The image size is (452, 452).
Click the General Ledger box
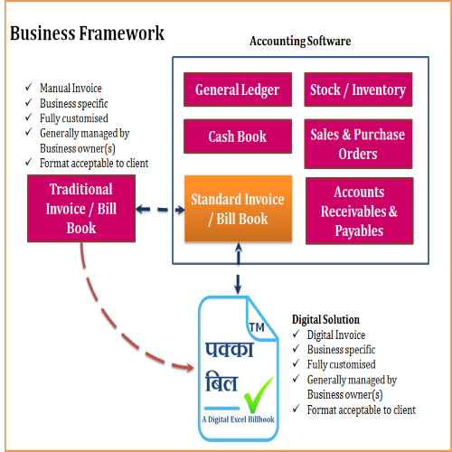pyautogui.click(x=238, y=89)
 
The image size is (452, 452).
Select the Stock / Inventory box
pyautogui.click(x=358, y=89)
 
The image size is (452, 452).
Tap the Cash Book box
pyautogui.click(x=238, y=137)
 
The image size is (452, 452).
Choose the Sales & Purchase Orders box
pyautogui.click(x=358, y=144)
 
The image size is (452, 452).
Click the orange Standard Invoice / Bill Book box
pyautogui.click(x=238, y=209)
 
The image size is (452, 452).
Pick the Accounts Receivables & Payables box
pyautogui.click(x=360, y=211)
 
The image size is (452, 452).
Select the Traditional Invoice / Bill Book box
pyautogui.click(x=81, y=209)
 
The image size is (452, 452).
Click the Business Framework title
pyautogui.click(x=87, y=33)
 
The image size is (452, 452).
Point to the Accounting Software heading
pyautogui.click(x=300, y=41)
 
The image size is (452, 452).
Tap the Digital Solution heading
pyautogui.click(x=325, y=319)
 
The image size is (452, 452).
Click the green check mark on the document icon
pyautogui.click(x=259, y=395)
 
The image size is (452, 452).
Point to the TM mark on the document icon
pyautogui.click(x=257, y=327)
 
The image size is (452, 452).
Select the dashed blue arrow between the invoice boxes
pyautogui.click(x=160, y=210)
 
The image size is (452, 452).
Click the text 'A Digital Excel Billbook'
pyautogui.click(x=238, y=419)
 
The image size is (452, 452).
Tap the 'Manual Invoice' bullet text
pyautogui.click(x=71, y=89)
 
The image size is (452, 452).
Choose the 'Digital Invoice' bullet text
pyautogui.click(x=336, y=334)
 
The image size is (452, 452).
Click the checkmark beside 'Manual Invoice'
pyautogui.click(x=29, y=88)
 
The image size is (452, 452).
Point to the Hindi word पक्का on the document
pyautogui.click(x=230, y=350)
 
